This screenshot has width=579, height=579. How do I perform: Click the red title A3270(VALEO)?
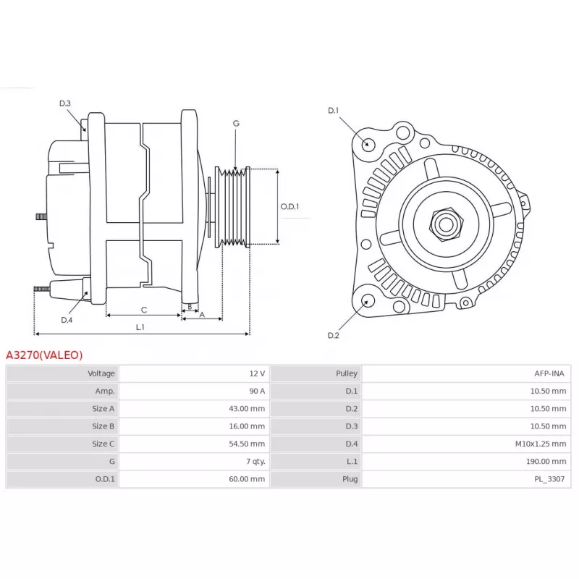44,355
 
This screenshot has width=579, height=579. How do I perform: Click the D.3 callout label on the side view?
65,103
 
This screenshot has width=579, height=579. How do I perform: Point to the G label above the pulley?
237,123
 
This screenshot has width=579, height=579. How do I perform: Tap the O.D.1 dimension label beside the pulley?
289,206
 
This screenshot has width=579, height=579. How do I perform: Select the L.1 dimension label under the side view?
140,327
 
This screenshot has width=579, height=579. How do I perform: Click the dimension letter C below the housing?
144,310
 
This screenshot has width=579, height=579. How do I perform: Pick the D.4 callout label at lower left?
67,320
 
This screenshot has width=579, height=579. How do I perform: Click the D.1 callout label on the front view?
333,111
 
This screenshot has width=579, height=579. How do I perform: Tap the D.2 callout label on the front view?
333,335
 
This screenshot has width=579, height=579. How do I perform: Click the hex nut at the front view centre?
446,224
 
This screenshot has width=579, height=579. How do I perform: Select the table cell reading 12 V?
257,373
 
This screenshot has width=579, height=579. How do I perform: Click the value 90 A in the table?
257,391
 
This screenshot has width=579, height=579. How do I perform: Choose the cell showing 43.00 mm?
247,409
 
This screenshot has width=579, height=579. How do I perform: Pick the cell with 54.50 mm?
247,444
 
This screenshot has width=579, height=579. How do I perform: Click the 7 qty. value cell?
255,462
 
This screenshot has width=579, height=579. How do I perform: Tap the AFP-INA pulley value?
549,373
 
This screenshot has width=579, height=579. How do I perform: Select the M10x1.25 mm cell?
541,444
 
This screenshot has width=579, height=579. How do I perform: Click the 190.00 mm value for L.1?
546,462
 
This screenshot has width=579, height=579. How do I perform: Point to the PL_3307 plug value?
549,479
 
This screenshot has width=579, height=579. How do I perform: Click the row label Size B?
103,426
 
